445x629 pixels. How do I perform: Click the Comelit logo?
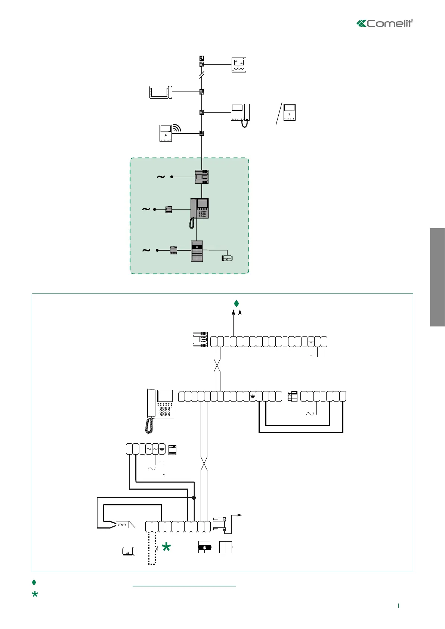[x=385, y=23]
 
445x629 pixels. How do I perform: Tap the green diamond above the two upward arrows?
[x=236, y=303]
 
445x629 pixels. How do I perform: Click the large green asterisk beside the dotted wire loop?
[x=166, y=548]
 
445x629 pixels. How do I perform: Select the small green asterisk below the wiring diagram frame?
[x=35, y=594]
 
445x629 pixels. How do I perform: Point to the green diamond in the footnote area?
[x=34, y=582]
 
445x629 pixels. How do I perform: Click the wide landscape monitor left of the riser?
[x=161, y=92]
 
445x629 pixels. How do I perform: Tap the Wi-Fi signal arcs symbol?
[x=177, y=128]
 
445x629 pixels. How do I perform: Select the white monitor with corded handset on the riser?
[x=240, y=113]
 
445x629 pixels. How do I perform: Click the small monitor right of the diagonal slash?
[x=290, y=112]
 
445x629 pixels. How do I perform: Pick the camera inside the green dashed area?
[x=227, y=258]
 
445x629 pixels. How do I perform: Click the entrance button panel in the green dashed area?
[x=197, y=251]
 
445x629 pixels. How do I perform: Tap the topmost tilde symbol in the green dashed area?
[x=161, y=177]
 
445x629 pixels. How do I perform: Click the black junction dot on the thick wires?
[x=194, y=498]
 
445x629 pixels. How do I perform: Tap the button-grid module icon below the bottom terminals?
[x=226, y=547]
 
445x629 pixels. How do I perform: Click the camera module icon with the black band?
[x=204, y=547]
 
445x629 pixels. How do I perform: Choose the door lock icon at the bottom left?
[x=129, y=551]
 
